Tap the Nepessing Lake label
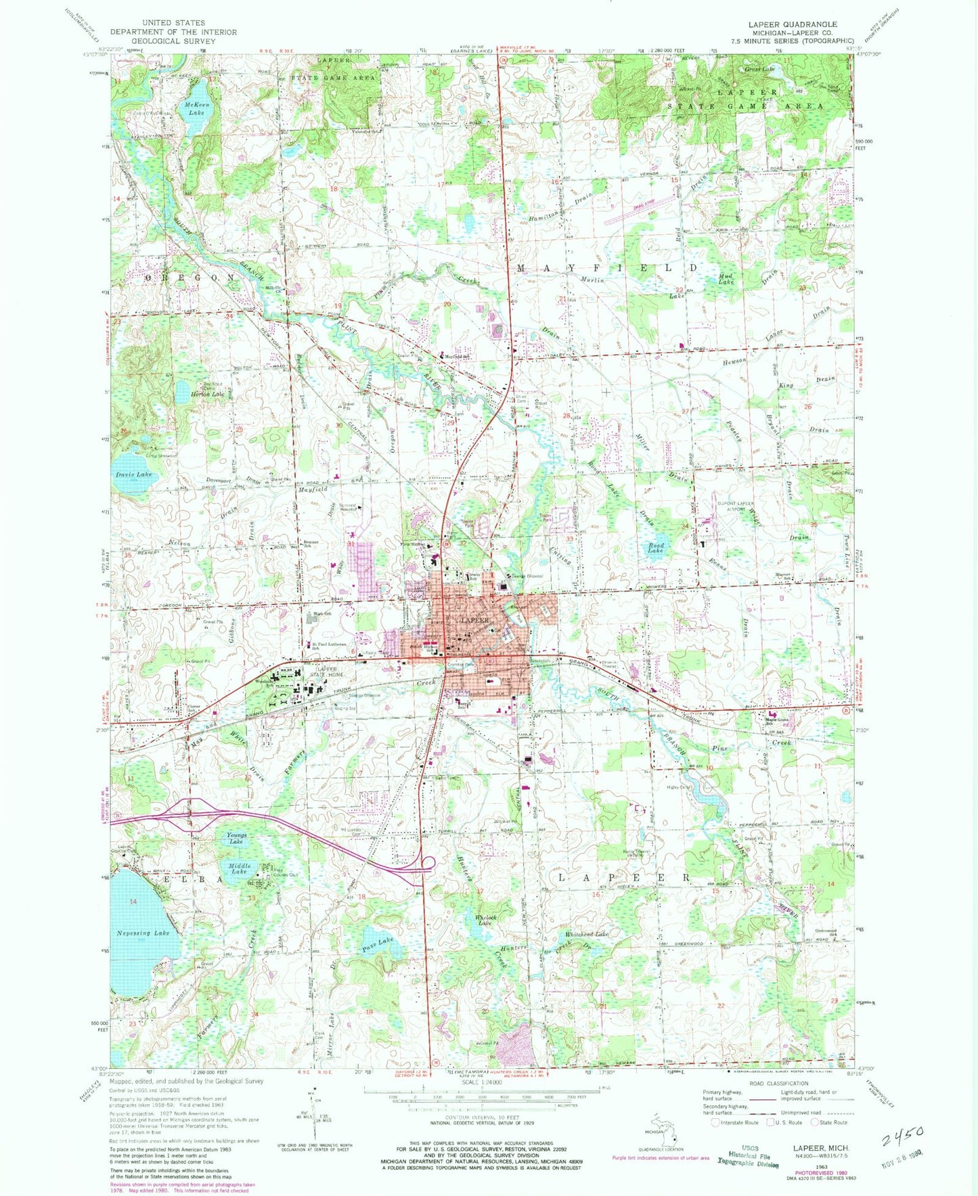143,933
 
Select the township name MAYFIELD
606,268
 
